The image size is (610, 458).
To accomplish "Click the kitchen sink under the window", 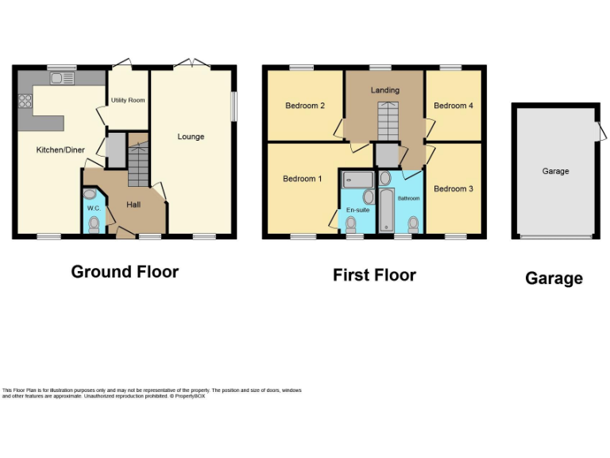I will [x=62, y=78].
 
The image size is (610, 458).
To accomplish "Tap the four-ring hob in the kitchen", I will [x=25, y=101].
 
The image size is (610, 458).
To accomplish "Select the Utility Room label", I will [x=127, y=100].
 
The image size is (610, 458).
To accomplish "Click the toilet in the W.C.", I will [x=95, y=223].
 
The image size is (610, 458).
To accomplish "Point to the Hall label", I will [x=135, y=204].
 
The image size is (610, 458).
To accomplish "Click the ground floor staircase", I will [x=138, y=163].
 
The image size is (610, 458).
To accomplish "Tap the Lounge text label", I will [x=191, y=137].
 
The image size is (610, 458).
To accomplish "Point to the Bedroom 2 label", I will [x=305, y=106].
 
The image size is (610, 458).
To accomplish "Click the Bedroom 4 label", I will [x=453, y=106].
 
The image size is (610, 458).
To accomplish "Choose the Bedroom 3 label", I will [x=453, y=188].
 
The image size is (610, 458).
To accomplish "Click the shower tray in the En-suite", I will [x=357, y=178].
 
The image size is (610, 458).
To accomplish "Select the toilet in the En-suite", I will [x=351, y=225].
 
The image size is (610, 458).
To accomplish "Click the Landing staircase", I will [x=386, y=122].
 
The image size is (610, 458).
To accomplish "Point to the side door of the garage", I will [x=598, y=131].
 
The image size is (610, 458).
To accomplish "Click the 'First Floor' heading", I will [x=374, y=276].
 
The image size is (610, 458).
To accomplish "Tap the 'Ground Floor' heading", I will [x=125, y=272].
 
